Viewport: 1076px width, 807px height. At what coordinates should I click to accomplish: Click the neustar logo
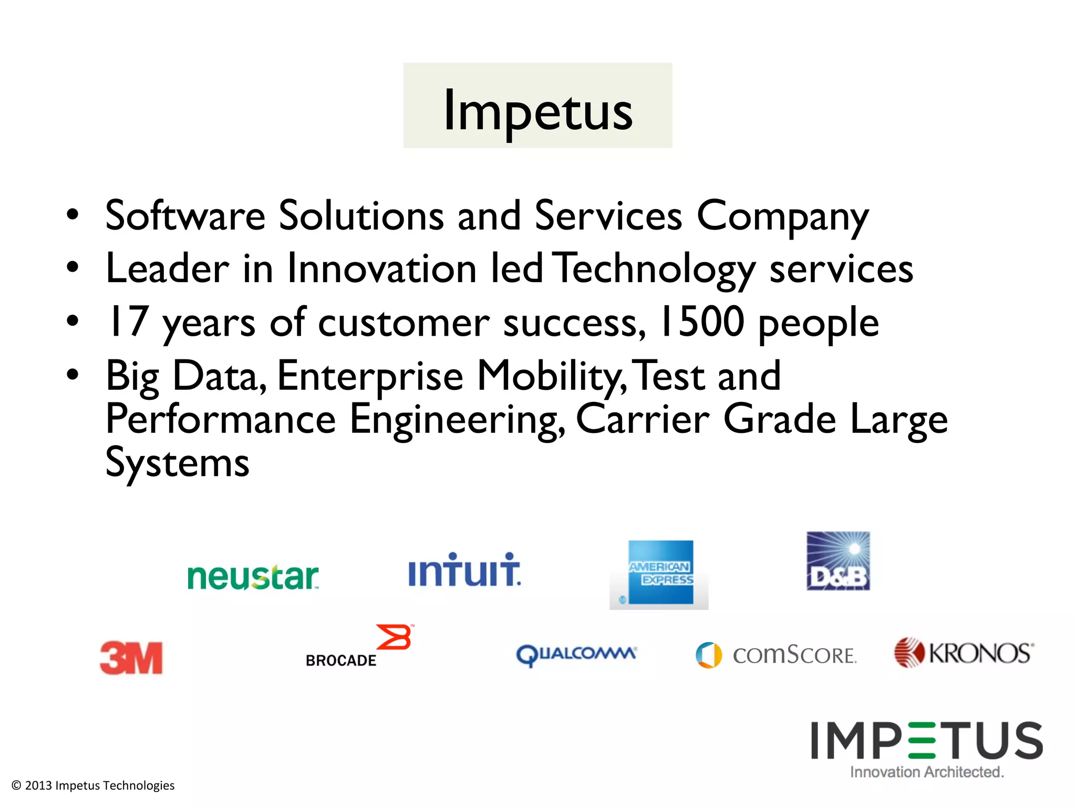pyautogui.click(x=253, y=577)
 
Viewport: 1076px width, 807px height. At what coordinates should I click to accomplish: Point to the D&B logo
pyautogui.click(x=838, y=561)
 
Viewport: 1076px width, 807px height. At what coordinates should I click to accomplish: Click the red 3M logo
pyautogui.click(x=131, y=657)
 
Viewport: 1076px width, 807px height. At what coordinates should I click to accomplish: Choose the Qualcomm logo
pyautogui.click(x=576, y=655)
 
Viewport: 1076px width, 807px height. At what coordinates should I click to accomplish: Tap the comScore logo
pyautogui.click(x=776, y=655)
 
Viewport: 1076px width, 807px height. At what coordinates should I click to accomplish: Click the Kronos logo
pyautogui.click(x=964, y=653)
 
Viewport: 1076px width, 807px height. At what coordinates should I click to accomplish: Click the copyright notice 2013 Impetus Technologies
pyautogui.click(x=93, y=785)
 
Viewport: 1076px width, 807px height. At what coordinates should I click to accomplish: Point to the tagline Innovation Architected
pyautogui.click(x=927, y=772)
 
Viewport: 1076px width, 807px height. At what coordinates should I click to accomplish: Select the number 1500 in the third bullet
pyautogui.click(x=701, y=322)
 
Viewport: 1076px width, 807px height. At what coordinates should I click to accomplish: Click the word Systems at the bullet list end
pyautogui.click(x=178, y=462)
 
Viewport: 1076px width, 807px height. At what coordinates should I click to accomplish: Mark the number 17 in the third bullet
pyautogui.click(x=127, y=322)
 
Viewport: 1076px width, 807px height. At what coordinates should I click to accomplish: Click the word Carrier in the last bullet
pyautogui.click(x=643, y=419)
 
